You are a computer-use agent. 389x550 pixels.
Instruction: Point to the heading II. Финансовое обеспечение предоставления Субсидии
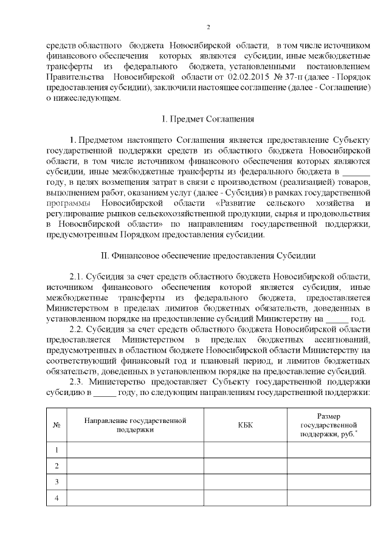pyautogui.click(x=208, y=256)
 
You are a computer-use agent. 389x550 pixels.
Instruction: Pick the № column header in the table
pyautogui.click(x=57, y=425)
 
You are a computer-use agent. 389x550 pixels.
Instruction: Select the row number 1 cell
pyautogui.click(x=57, y=450)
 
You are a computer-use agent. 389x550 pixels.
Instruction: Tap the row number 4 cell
pyautogui.click(x=57, y=498)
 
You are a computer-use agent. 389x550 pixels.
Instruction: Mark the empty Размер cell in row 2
pyautogui.click(x=329, y=466)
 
